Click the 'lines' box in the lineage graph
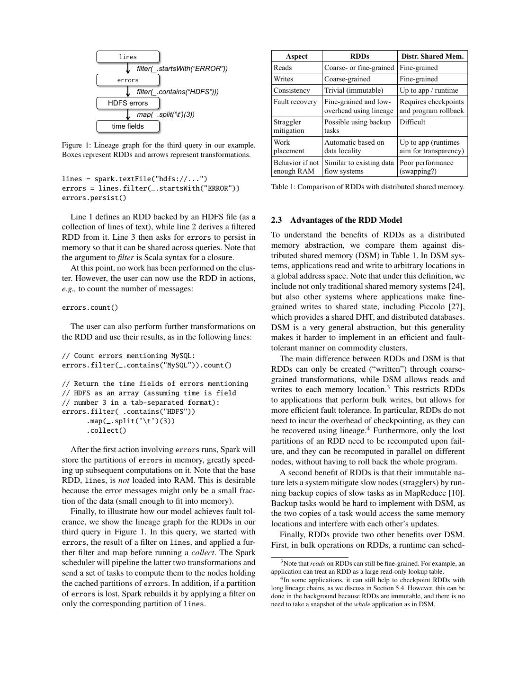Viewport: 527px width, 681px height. point(128,57)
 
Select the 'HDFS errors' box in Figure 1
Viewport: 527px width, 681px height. point(128,103)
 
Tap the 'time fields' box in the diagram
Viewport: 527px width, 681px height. point(128,126)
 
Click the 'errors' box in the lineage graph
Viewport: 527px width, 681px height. point(128,80)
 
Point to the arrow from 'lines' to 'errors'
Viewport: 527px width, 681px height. point(128,69)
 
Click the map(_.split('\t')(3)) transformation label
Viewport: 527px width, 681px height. point(166,114)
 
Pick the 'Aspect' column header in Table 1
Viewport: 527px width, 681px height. point(297,56)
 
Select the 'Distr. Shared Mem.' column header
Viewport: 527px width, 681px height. point(432,56)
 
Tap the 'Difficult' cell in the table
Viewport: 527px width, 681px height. point(412,122)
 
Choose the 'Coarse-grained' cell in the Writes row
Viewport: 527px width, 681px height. point(347,79)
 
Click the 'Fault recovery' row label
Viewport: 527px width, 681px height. point(295,102)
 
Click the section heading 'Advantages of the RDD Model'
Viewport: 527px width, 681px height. point(346,220)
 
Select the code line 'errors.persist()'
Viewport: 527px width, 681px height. point(94,198)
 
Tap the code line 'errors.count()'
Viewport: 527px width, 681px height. point(90,307)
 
